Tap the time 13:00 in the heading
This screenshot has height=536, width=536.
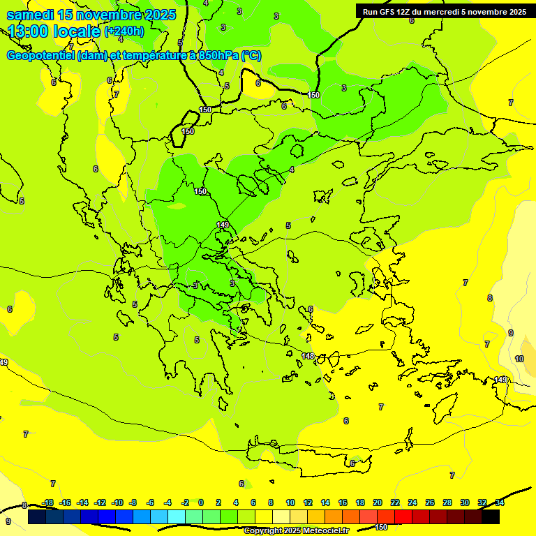coord(29,31)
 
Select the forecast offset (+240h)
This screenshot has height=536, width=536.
coord(124,31)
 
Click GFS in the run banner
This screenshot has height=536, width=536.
coord(387,11)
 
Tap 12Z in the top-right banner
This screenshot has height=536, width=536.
coord(404,11)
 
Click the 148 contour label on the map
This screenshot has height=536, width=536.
coord(308,356)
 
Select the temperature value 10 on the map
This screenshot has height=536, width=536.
coord(519,359)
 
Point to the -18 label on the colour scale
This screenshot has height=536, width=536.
coord(48,502)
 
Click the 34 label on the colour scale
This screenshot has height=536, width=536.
coord(500,502)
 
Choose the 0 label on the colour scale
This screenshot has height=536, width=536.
coord(201,502)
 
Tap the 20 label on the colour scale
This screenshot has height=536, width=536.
coord(378,502)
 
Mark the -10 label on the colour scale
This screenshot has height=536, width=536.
coord(118,502)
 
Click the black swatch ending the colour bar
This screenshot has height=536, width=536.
coord(491,517)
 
